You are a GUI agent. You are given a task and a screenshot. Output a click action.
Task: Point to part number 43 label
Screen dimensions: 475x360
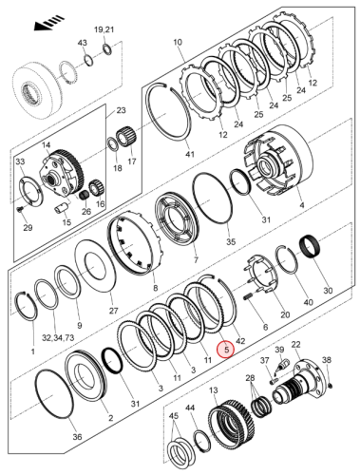pos(82,44)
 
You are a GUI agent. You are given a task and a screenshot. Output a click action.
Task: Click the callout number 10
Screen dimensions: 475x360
pos(177,44)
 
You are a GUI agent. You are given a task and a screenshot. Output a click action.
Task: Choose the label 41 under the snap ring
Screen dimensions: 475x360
pos(189,154)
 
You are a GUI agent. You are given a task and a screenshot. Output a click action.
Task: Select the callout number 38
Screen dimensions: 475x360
pos(327,359)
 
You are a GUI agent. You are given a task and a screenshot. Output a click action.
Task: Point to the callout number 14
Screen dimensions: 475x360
pos(44,146)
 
